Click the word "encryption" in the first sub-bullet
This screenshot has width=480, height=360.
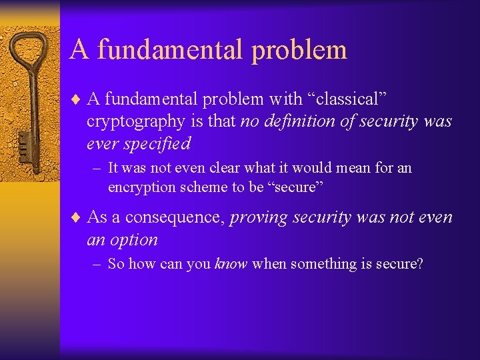click(141, 187)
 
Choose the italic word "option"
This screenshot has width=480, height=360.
click(135, 239)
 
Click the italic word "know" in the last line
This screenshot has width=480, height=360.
click(231, 264)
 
